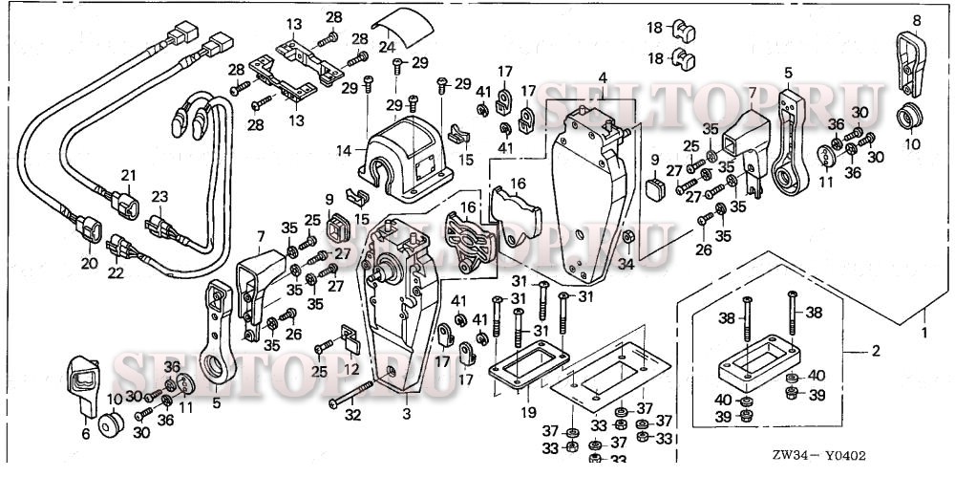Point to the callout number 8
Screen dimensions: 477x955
[x=918, y=20]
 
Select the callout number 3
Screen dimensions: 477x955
[x=407, y=416]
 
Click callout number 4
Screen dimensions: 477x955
[x=603, y=76]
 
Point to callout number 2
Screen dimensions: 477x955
[x=876, y=351]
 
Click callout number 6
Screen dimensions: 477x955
[x=86, y=434]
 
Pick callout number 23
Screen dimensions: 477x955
[x=159, y=196]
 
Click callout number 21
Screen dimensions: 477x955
[x=128, y=176]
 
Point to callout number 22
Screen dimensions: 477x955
[x=117, y=273]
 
